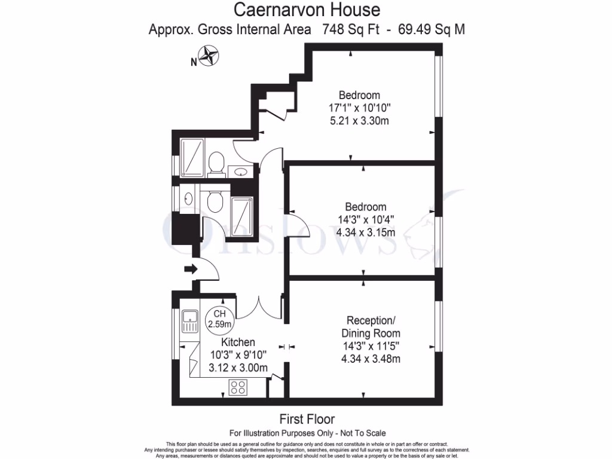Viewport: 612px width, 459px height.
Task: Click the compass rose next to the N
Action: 208,57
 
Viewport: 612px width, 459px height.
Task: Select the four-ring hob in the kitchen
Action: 238,387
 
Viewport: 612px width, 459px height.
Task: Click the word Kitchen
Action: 238,342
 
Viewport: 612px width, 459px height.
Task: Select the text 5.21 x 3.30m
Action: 359,121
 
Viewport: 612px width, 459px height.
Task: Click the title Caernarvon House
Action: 307,10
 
